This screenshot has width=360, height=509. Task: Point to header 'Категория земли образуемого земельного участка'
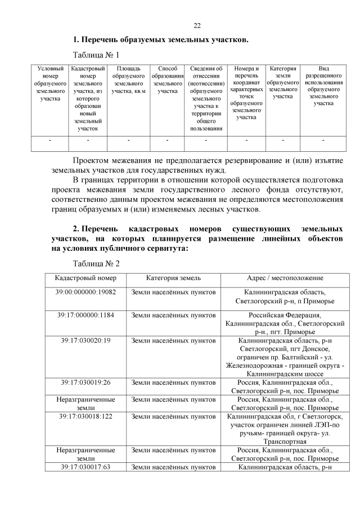point(283,82)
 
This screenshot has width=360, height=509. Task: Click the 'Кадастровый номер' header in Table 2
point(85,278)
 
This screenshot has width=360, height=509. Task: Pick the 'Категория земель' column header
point(173,278)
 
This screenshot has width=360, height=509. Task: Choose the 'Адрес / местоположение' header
point(285,278)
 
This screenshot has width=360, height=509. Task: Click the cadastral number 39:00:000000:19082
point(85,292)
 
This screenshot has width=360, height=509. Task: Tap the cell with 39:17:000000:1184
point(85,315)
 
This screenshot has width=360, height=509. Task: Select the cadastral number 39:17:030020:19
point(85,340)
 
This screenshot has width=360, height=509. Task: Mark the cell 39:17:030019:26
point(85,382)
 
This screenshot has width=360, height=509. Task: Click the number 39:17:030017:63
point(85,467)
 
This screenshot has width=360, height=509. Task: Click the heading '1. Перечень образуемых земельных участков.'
point(160,40)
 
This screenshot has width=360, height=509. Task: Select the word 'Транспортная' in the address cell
point(285,442)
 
